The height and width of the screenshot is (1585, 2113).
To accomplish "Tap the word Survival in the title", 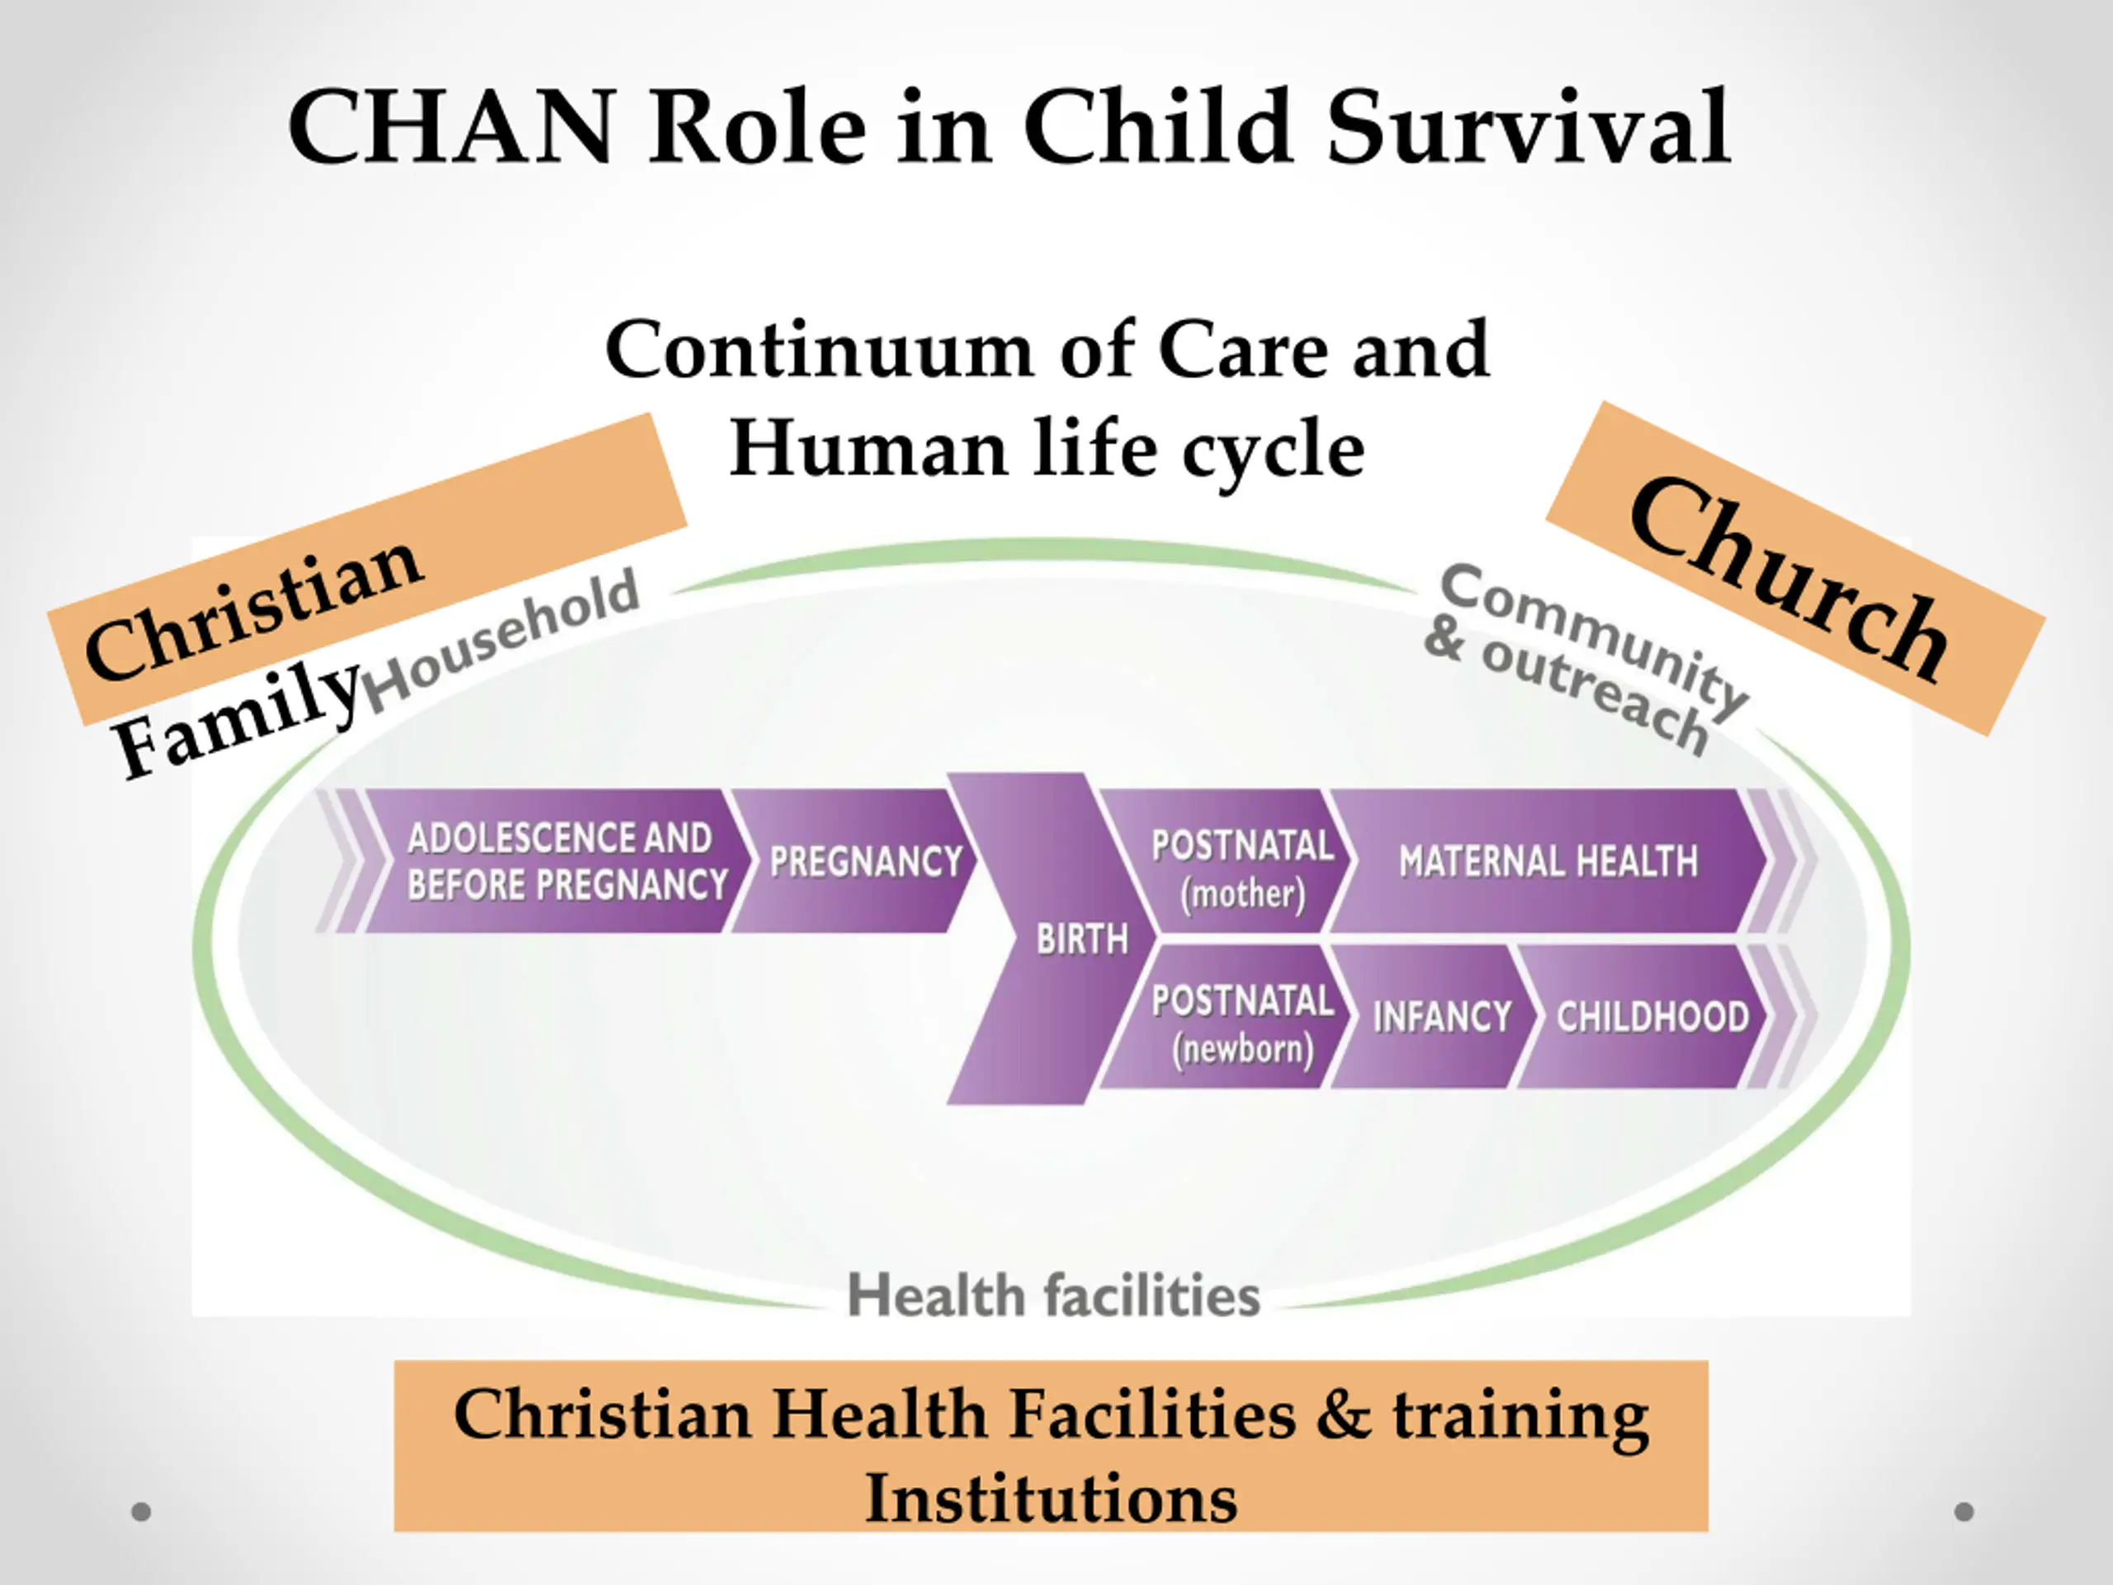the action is click(1528, 128).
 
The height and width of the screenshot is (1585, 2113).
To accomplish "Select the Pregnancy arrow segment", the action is click(864, 861).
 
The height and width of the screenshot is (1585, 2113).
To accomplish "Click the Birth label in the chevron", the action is click(1082, 940).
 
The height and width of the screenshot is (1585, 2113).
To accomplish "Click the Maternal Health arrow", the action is click(1548, 861).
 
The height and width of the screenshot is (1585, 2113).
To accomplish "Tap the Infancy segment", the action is click(1441, 1016).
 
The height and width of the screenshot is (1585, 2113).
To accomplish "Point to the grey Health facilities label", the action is click(1054, 1295).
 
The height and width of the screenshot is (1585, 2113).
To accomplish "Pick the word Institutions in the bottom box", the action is click(1051, 1497).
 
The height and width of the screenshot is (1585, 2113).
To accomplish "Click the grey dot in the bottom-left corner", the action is click(141, 1512).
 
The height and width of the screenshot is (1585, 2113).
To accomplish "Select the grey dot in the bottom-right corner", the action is click(1964, 1512).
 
